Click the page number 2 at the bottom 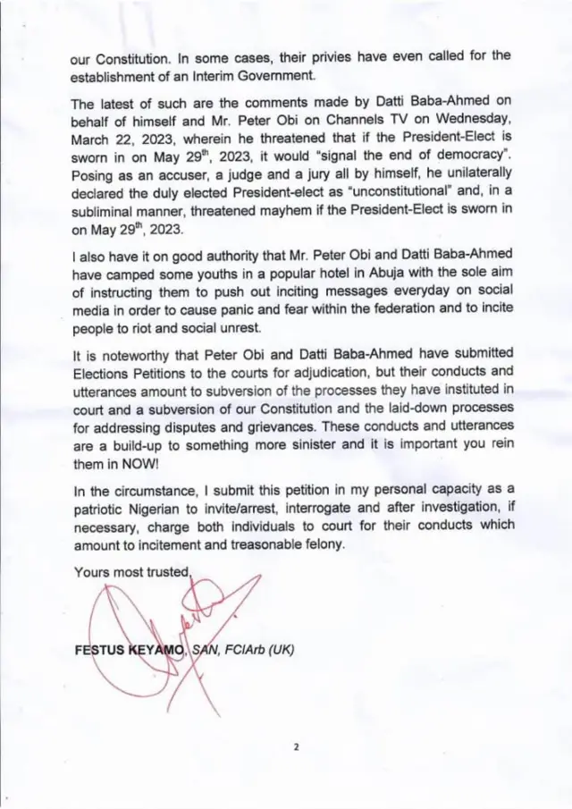pyautogui.click(x=297, y=749)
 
